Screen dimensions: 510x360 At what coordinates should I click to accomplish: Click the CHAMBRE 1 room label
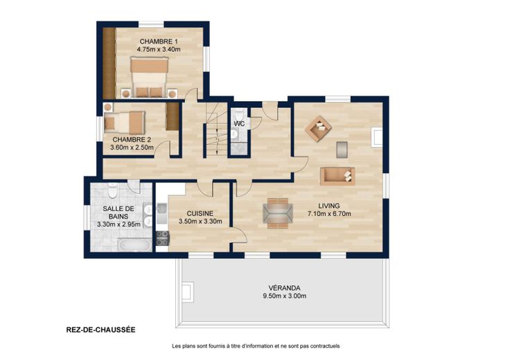click(159, 42)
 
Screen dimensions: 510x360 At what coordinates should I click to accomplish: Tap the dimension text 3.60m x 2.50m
click(132, 147)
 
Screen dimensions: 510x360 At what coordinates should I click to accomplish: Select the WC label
click(239, 124)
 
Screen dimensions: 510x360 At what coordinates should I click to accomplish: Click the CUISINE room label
click(200, 213)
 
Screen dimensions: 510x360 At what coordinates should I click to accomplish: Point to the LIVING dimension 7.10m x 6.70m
click(329, 213)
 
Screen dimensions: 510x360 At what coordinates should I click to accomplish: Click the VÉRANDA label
click(284, 288)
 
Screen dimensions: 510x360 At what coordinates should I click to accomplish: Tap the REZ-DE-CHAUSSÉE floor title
click(101, 330)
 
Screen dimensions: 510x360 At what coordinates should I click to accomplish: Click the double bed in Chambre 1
click(149, 77)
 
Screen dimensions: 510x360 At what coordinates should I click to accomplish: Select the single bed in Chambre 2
click(125, 123)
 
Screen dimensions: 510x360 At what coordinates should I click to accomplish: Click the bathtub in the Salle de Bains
click(134, 244)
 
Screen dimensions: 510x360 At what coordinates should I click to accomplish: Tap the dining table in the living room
click(277, 213)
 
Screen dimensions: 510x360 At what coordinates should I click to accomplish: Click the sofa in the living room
click(337, 176)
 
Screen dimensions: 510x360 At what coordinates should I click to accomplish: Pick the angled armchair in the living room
click(318, 129)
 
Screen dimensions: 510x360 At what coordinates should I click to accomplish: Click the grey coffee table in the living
click(342, 150)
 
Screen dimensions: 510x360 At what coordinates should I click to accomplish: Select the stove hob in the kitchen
click(162, 238)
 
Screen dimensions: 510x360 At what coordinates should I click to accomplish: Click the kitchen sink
click(161, 213)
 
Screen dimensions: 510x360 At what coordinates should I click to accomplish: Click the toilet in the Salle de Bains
click(112, 190)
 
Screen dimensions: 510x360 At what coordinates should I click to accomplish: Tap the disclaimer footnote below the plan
click(256, 346)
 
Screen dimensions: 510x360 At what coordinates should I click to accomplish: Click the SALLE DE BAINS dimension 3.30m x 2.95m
click(118, 224)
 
